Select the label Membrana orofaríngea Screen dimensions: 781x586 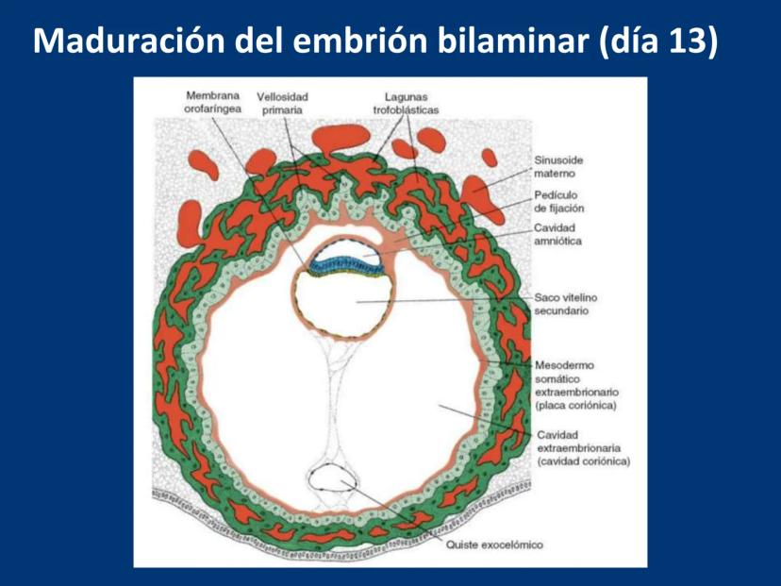pyautogui.click(x=212, y=102)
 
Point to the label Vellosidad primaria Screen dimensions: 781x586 pyautogui.click(x=282, y=103)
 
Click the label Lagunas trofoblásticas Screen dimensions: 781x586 pyautogui.click(x=406, y=103)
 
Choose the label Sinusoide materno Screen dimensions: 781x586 pyautogui.click(x=558, y=167)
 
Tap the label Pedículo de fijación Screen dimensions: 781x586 pyautogui.click(x=558, y=201)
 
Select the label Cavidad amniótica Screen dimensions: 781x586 pyautogui.click(x=557, y=234)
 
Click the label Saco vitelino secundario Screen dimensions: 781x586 pyautogui.click(x=565, y=304)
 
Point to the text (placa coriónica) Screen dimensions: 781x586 pyautogui.click(x=575, y=405)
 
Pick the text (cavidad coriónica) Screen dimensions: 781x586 pyautogui.click(x=583, y=460)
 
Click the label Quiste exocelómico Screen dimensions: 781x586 pyautogui.click(x=494, y=544)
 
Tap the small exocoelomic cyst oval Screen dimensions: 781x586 pyautogui.click(x=332, y=478)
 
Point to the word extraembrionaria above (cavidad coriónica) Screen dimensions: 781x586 pyautogui.click(x=579, y=447)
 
